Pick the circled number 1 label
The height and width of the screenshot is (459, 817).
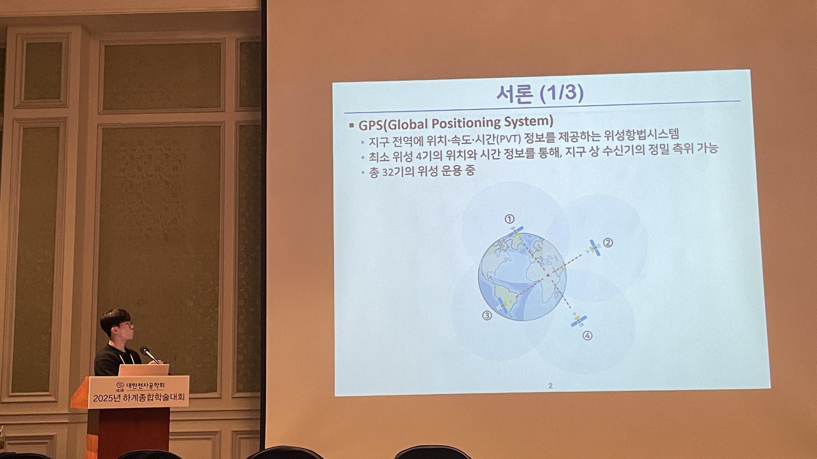coord(509,219)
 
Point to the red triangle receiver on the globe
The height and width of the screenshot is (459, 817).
coord(547,274)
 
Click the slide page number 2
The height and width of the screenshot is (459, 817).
coord(550,386)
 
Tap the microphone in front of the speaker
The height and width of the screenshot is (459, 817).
coord(150,355)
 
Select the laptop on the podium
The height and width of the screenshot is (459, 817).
coord(144,370)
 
